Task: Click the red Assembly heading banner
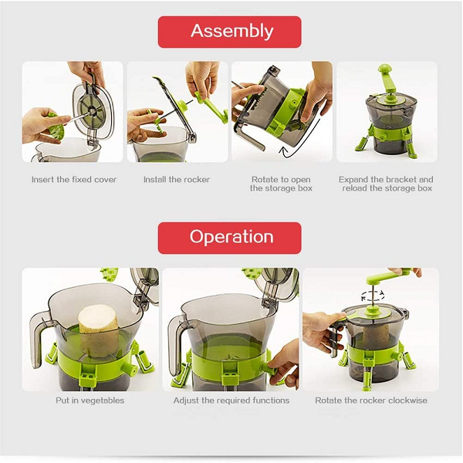tap(229, 32)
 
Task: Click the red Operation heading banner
tap(229, 238)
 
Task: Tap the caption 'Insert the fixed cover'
tap(74, 180)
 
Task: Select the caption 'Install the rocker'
tap(177, 180)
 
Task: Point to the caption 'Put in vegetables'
tap(90, 400)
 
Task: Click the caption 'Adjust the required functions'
tap(231, 400)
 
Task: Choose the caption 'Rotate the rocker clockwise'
tap(371, 400)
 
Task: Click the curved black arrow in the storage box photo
tap(304, 139)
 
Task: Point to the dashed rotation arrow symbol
tap(373, 296)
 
